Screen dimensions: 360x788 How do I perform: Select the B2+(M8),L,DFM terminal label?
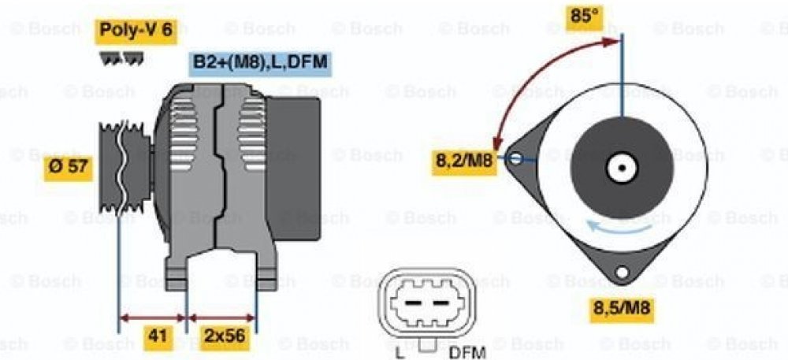click(x=259, y=62)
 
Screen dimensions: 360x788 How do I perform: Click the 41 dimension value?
click(x=158, y=336)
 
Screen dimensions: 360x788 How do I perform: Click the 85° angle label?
click(x=584, y=15)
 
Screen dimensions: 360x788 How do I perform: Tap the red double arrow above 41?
click(x=151, y=319)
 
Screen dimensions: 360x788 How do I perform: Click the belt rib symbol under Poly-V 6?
click(x=121, y=59)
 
